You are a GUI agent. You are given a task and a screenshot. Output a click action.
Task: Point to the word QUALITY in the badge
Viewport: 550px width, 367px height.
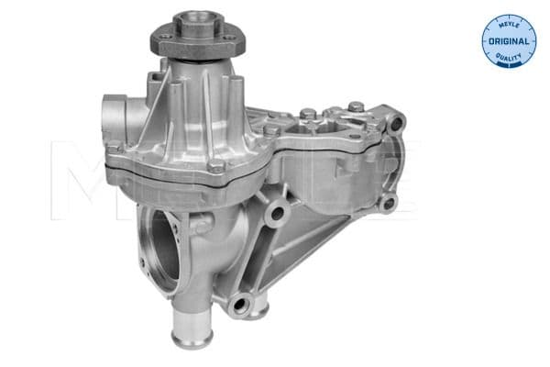click(x=508, y=60)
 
